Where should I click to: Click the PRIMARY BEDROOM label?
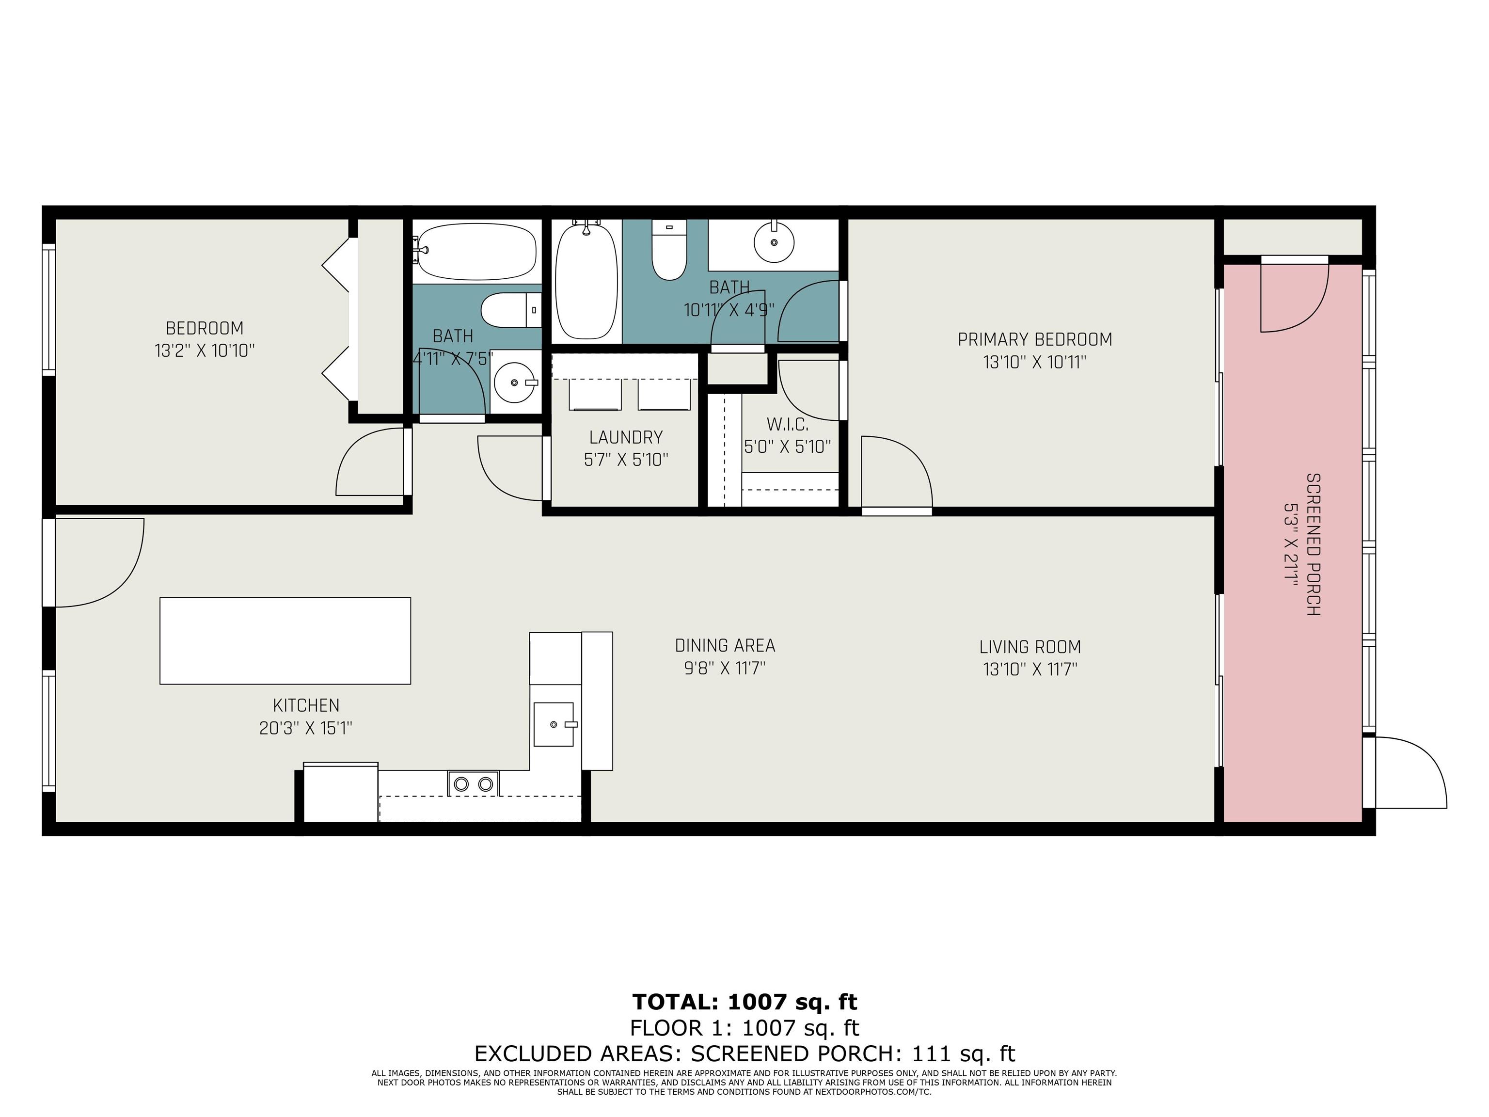[x=1035, y=339]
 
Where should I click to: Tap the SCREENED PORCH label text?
[x=1313, y=544]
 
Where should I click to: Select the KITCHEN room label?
[x=306, y=705]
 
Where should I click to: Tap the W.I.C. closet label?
[x=788, y=424]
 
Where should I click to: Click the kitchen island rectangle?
[x=285, y=640]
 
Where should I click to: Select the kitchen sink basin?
[x=554, y=724]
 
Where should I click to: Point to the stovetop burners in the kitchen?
[x=473, y=784]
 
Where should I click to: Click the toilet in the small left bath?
[x=511, y=310]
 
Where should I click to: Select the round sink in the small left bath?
[x=514, y=383]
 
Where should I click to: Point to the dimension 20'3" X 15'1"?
[x=306, y=728]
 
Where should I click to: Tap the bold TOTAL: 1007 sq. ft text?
[x=744, y=1002]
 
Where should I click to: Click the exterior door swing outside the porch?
[x=1410, y=772]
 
